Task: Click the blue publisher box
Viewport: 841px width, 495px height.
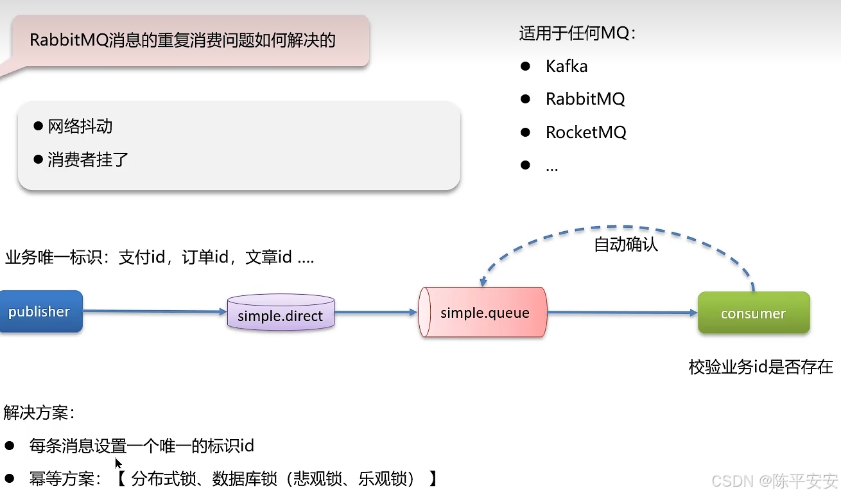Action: click(40, 312)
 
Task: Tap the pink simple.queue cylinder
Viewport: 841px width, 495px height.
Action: click(483, 313)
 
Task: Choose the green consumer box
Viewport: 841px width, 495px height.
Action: click(753, 313)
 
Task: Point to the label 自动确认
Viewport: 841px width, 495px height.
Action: click(626, 245)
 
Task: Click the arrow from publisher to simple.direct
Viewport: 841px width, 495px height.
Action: click(154, 312)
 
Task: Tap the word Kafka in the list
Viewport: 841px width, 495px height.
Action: click(566, 66)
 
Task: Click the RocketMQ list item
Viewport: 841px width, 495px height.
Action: click(585, 133)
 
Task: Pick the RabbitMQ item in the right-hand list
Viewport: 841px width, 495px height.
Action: click(585, 100)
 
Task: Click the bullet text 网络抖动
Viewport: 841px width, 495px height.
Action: click(80, 126)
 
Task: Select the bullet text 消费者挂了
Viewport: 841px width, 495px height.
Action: click(88, 160)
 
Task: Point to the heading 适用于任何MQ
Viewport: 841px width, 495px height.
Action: click(577, 33)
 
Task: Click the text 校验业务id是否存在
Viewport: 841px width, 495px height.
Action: click(761, 367)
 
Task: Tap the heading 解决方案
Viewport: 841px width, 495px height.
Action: click(39, 413)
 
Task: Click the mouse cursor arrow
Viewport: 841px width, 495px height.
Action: click(118, 463)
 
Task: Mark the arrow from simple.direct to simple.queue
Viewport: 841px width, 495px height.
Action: click(376, 313)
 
